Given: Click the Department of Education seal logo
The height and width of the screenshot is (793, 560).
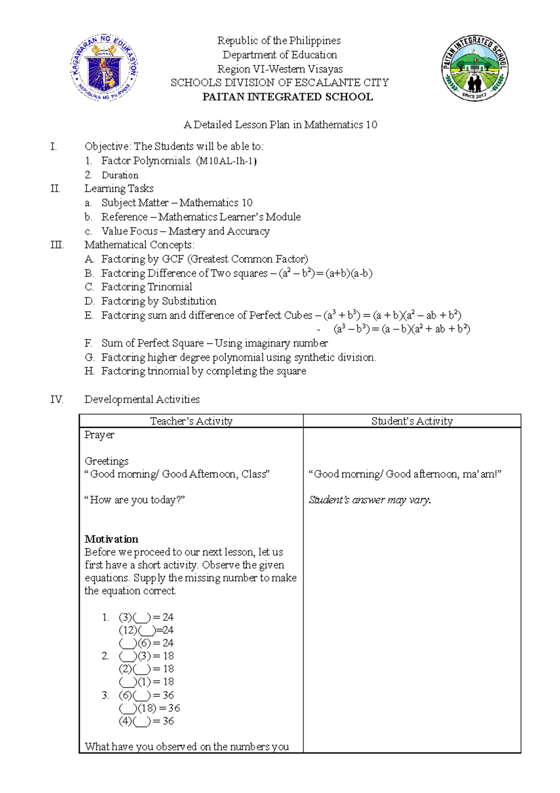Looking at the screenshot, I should click(105, 68).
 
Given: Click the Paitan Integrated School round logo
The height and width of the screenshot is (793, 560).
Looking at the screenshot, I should click(475, 68).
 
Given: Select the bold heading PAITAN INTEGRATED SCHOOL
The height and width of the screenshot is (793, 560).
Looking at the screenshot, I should click(287, 97).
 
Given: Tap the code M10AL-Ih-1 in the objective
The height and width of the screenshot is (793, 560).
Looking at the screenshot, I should click(226, 161).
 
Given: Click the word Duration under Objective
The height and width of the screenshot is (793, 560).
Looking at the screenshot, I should click(120, 175).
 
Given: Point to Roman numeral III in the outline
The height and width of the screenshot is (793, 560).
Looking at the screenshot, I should click(57, 245).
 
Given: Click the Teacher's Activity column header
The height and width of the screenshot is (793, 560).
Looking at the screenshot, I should click(191, 421).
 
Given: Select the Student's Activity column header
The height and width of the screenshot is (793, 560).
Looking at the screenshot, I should click(412, 421).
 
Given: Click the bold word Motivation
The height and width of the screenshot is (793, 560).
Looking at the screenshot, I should click(112, 539).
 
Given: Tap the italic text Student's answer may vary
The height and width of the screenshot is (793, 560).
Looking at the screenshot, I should click(370, 500).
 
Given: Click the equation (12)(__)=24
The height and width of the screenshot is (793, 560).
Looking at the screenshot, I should click(146, 630).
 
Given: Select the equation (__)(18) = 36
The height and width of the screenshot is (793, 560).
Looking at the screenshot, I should click(149, 708).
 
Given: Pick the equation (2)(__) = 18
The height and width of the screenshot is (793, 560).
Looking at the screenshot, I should click(146, 669).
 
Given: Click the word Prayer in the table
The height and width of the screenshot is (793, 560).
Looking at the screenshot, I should click(99, 435).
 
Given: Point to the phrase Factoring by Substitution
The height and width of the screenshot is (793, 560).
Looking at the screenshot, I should click(159, 301).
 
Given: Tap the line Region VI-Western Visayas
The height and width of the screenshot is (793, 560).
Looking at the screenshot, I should click(280, 69).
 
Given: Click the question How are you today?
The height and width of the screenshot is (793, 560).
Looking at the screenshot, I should click(135, 500).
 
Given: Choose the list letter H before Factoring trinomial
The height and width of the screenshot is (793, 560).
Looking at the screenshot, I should click(89, 371).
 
